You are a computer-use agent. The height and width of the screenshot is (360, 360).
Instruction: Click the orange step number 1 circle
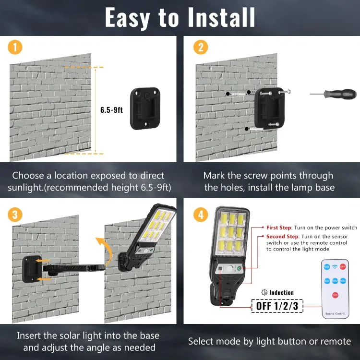15,47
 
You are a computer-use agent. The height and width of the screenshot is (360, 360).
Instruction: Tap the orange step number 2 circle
200,47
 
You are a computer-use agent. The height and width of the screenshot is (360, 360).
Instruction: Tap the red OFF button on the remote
343,266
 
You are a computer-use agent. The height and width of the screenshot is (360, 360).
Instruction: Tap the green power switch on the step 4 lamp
238,268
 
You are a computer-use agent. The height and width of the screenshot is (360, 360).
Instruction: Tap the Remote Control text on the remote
335,313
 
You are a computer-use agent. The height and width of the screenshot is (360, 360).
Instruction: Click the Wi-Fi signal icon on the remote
335,266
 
